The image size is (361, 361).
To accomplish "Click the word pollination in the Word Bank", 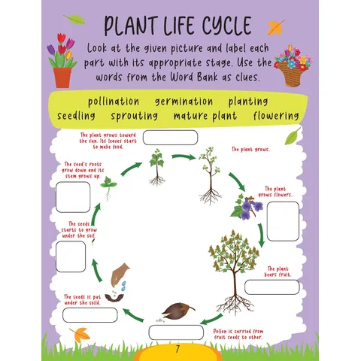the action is point(114,102).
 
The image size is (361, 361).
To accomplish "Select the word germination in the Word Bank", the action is point(184,102).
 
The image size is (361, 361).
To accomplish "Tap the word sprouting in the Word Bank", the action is point(135,116).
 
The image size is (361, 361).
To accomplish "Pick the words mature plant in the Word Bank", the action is point(205,116).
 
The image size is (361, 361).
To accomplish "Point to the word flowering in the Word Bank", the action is point(276,116).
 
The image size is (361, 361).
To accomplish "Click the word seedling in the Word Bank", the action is point(76,116).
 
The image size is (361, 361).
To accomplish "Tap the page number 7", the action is point(177,349).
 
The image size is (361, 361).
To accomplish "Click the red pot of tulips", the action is point(62,60).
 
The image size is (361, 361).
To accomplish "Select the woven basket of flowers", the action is point(293,66).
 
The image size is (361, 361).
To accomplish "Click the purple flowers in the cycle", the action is point(247,207).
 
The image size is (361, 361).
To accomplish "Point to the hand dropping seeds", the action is point(120,275).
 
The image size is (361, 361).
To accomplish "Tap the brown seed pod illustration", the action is point(178,311).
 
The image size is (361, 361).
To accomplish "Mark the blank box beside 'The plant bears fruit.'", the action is point(272,287).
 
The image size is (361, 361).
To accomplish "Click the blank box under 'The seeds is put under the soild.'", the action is point(90,315).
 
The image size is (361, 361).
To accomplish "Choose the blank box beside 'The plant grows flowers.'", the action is point(283,221).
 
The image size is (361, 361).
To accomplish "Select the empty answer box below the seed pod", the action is point(176,332).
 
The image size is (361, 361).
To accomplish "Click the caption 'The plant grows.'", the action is point(250,150).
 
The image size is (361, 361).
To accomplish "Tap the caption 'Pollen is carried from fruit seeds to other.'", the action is point(238,334).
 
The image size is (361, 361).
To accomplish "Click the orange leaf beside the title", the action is point(276,27).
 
